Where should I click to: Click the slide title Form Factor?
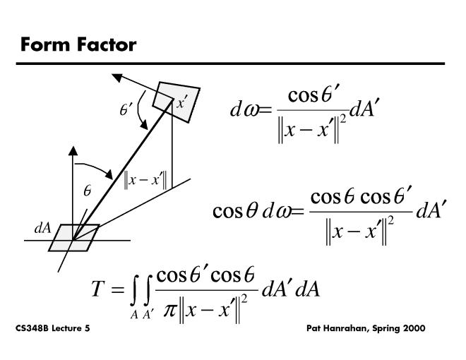pyautogui.click(x=78, y=45)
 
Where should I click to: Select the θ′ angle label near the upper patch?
pyautogui.click(x=126, y=109)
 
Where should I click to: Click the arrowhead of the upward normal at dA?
pyautogui.click(x=71, y=150)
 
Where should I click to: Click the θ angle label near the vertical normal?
pyautogui.click(x=87, y=191)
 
